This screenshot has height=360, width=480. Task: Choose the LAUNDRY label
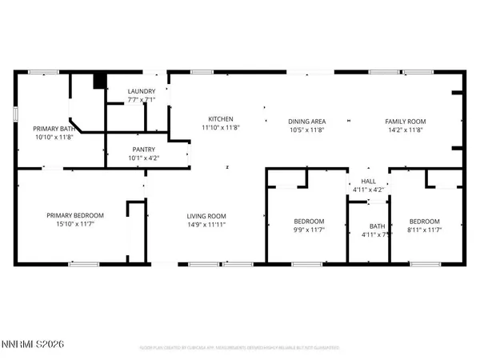(142, 92)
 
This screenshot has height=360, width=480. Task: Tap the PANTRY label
(144, 149)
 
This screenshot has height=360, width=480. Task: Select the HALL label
(368, 182)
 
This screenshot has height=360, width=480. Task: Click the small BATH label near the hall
(368, 226)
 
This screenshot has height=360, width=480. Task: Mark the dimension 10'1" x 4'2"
(144, 157)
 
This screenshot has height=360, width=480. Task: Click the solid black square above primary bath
(99, 81)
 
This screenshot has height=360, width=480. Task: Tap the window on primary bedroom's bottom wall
(78, 264)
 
